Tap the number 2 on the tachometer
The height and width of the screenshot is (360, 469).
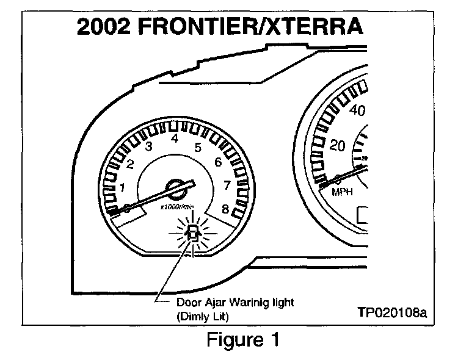130,164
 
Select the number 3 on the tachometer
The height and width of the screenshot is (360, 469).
148,147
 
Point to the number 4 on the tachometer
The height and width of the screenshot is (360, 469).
175,139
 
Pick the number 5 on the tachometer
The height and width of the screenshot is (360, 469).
198,147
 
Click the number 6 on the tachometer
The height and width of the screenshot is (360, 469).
218,163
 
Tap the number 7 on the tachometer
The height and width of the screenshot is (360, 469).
227,185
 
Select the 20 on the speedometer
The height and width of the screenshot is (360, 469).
336,146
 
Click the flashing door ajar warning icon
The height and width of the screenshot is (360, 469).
193,232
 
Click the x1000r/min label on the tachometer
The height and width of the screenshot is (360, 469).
177,207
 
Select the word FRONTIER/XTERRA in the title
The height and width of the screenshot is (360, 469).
264,28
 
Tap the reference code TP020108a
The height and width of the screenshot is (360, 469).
392,313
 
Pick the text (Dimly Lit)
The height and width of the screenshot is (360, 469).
205,317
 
